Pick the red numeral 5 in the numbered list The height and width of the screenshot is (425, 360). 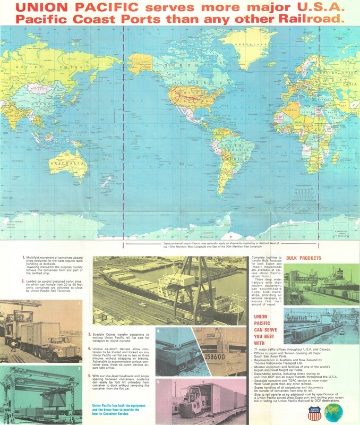89,376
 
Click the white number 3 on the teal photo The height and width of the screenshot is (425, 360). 79,367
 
